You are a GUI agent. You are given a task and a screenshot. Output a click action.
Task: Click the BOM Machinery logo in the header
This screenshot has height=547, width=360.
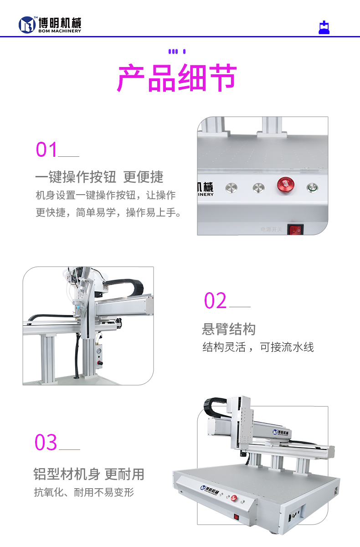tap(50, 25)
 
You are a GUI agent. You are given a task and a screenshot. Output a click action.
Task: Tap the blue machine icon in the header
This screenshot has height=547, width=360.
tap(324, 28)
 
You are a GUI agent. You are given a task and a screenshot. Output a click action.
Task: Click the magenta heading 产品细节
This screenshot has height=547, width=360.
tap(177, 78)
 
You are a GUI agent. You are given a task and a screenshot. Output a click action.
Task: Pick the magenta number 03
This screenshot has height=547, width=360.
tap(46, 443)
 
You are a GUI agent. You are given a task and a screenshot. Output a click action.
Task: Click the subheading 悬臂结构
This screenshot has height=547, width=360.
tap(229, 329)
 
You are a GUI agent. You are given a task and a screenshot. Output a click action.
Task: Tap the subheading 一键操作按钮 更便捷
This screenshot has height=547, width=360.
tap(99, 177)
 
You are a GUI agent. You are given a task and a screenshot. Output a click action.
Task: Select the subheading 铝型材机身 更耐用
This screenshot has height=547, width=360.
tap(89, 474)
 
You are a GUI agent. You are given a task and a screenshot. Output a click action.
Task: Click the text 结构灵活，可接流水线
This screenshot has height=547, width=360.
tap(258, 347)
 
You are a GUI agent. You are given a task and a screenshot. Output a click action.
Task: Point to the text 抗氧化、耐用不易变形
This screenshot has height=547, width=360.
tap(84, 492)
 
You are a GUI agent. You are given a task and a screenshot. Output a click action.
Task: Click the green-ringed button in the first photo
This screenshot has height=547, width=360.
tap(312, 187)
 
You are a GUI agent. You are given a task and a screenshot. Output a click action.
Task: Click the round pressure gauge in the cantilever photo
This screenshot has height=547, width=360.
tap(99, 351)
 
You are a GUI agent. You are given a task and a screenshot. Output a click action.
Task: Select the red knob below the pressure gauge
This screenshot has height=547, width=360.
tap(99, 363)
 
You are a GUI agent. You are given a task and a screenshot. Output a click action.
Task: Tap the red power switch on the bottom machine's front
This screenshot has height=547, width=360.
tap(236, 517)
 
